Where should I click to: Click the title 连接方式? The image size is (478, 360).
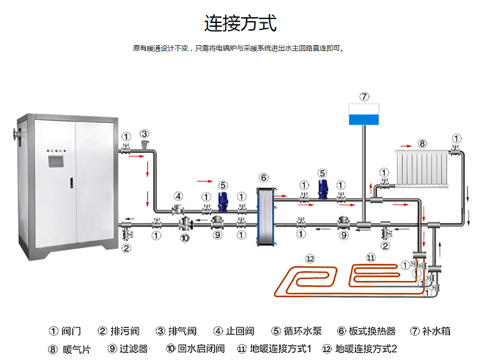(240, 24)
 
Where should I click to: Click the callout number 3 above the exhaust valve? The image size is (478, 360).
(145, 134)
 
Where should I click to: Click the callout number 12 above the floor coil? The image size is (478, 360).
(310, 259)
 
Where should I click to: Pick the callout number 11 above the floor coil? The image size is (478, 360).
(370, 257)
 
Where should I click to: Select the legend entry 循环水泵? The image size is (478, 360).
(303, 331)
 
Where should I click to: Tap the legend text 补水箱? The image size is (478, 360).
(437, 331)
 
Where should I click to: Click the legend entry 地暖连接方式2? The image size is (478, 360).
(366, 349)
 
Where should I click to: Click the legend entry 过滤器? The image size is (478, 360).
(134, 349)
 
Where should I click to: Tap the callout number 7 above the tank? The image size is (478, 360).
(364, 97)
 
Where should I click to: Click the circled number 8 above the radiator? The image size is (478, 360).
(422, 143)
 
